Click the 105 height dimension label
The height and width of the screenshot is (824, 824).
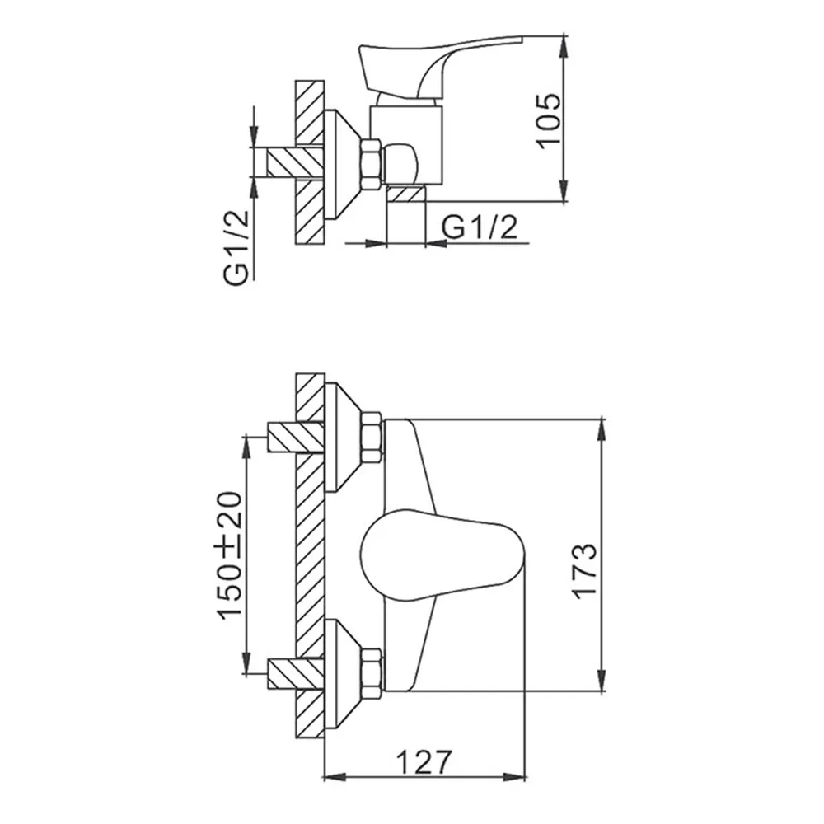tap(549, 121)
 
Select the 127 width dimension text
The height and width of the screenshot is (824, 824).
tap(424, 762)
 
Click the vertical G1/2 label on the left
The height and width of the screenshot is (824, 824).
tap(236, 248)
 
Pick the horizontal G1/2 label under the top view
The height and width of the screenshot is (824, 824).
tap(480, 227)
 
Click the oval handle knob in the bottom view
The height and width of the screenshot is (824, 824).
tap(442, 555)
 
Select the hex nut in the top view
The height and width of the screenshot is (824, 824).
tap(372, 163)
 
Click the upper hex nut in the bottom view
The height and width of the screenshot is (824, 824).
tap(372, 438)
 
